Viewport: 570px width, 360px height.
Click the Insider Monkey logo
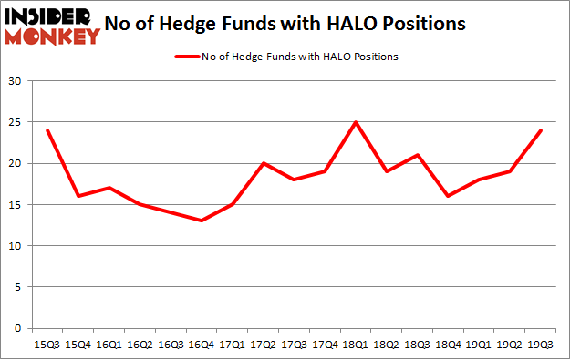click(52, 26)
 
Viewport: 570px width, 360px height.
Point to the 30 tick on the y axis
click(15, 82)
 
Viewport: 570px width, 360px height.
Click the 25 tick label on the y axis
click(15, 123)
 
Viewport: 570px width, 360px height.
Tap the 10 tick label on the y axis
click(15, 246)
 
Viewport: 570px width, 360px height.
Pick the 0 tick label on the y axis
click(17, 328)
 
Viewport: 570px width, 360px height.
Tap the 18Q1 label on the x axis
click(355, 345)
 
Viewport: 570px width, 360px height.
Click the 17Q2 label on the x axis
click(263, 345)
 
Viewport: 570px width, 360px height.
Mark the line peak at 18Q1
click(355, 122)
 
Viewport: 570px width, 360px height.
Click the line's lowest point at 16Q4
click(201, 221)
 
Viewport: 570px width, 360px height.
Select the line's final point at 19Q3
click(541, 130)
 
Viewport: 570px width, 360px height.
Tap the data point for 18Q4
click(448, 196)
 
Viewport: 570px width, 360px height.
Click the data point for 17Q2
click(263, 163)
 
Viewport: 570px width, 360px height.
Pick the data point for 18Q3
click(417, 155)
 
